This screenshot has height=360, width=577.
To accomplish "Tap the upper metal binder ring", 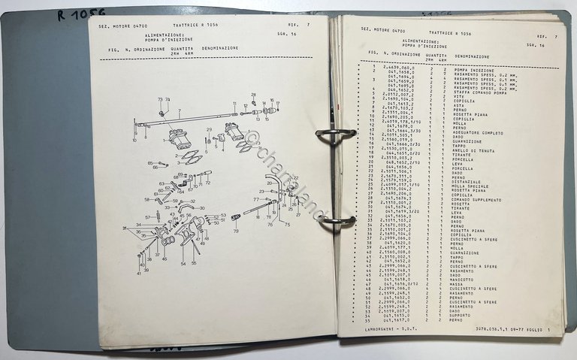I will click(336, 135).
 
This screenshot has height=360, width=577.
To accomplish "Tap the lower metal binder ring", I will click(336, 221).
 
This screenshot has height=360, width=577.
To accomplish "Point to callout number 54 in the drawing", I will click(183, 264).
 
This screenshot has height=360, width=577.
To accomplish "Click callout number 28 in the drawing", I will click(253, 95).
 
